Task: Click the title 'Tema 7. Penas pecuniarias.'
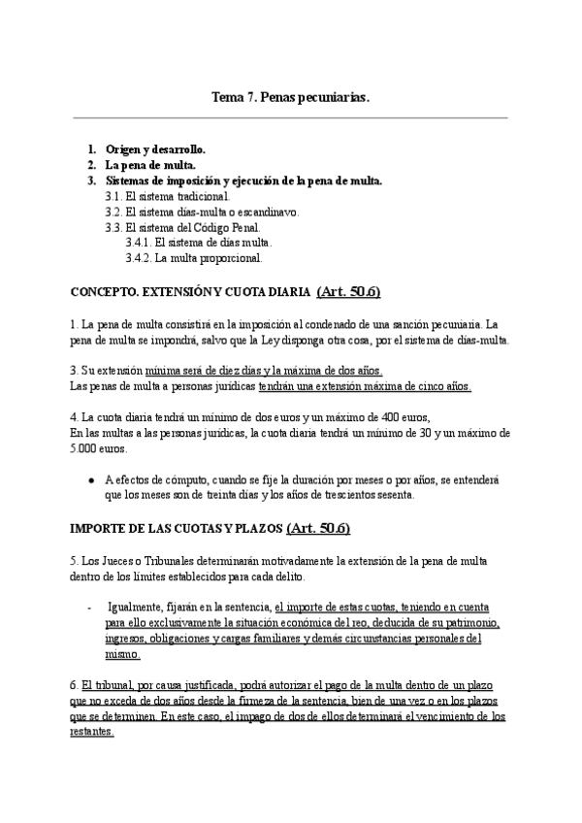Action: (x=291, y=97)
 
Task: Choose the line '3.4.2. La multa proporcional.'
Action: (x=194, y=258)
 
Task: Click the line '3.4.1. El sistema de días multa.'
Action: (x=199, y=243)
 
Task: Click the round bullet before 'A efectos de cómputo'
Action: (x=91, y=479)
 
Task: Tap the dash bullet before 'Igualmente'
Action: (x=90, y=607)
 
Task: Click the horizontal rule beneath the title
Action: (x=291, y=118)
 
